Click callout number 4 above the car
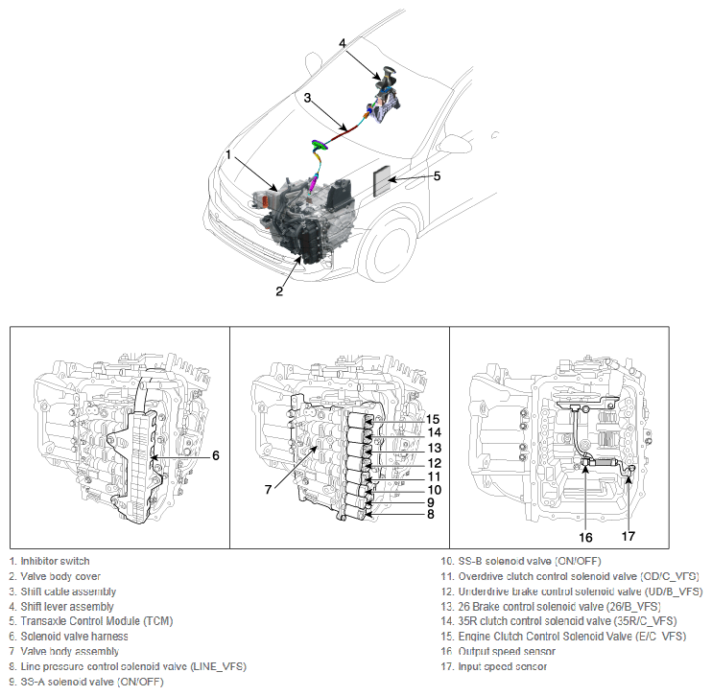coord(343,43)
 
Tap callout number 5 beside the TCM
coord(437,175)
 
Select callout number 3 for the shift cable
coord(308,98)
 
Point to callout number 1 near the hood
coord(228,155)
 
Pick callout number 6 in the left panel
coord(215,455)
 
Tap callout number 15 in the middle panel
coord(433,419)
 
